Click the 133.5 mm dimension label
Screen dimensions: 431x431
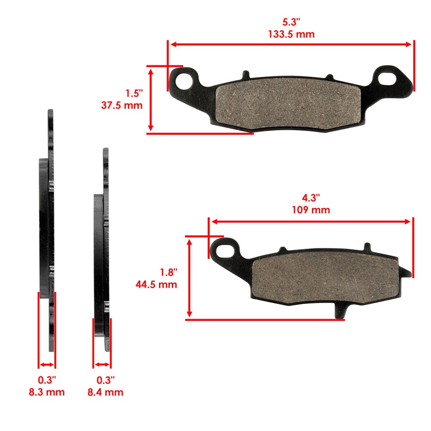tap(291, 34)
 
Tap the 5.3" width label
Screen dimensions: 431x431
tap(291, 22)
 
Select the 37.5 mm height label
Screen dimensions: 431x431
tap(122, 106)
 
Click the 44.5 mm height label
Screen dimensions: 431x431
tap(156, 284)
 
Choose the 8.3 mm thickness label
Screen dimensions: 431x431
tap(46, 392)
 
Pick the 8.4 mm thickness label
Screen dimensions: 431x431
tap(105, 392)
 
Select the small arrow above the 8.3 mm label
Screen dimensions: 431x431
tap(47, 365)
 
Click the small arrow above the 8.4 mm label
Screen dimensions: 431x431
tap(102, 365)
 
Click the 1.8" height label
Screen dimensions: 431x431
tap(169, 272)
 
